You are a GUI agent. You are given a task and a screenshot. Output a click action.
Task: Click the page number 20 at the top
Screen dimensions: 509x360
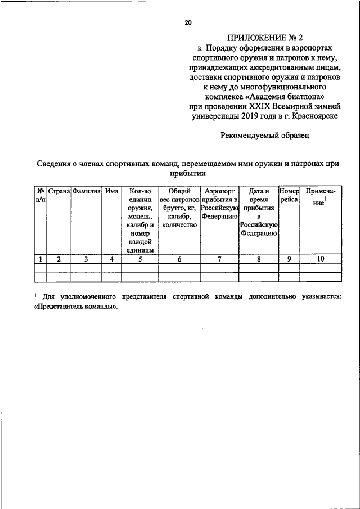coord(188,22)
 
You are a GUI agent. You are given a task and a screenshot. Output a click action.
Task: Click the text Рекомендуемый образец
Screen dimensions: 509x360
coord(264,135)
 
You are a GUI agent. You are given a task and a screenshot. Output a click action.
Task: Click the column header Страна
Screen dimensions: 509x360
coord(58,191)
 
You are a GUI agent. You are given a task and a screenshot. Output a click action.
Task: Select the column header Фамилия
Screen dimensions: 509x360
coord(86,191)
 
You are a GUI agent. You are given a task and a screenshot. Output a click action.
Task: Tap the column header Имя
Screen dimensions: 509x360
coord(112,191)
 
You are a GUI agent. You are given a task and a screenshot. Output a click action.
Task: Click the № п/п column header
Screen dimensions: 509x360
coord(40,196)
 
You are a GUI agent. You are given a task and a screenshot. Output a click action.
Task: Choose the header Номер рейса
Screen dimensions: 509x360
coord(289,196)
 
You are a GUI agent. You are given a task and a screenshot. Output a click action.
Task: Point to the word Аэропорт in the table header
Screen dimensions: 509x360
coord(220,191)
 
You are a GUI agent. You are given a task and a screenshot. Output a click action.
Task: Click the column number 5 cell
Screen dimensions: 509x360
coord(139,259)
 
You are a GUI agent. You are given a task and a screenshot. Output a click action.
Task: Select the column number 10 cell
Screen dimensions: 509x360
coord(321,259)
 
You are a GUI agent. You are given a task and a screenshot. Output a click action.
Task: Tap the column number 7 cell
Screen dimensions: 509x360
coord(220,259)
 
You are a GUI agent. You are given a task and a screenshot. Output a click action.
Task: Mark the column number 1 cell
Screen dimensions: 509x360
coord(40,259)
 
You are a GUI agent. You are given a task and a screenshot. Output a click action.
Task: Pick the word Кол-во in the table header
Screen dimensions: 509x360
coord(139,191)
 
